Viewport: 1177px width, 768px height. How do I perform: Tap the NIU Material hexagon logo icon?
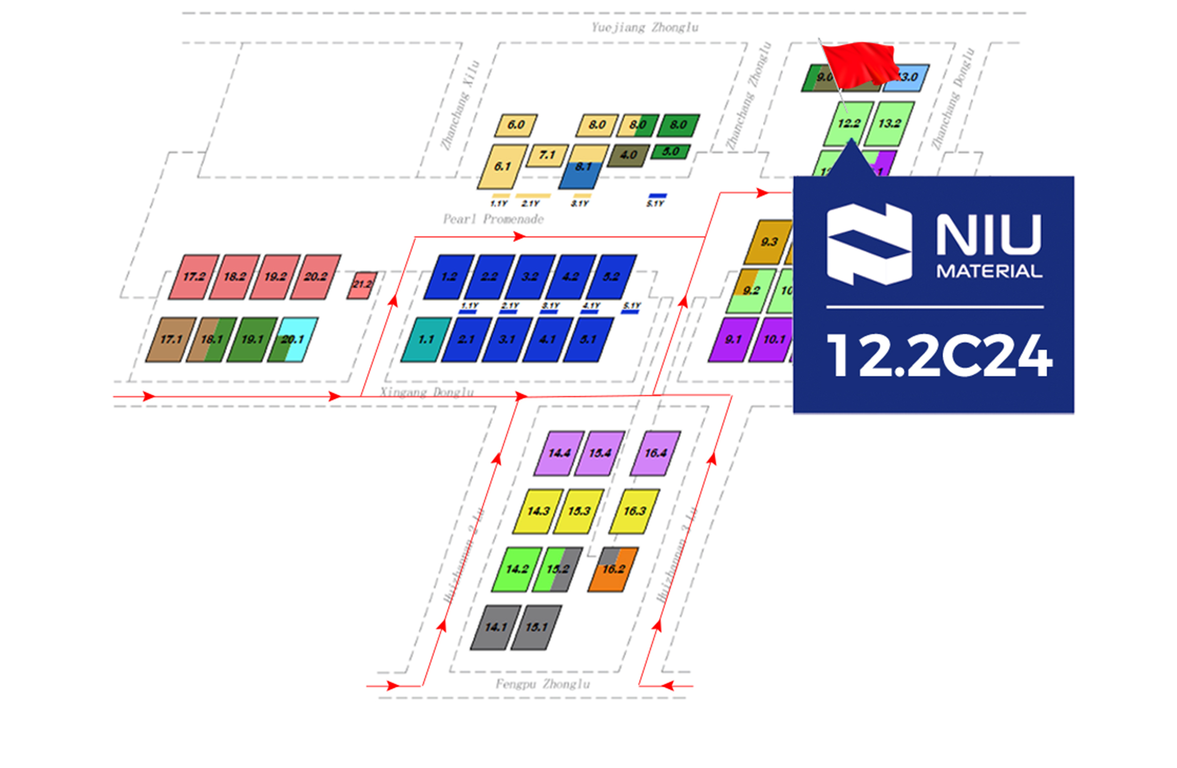tap(869, 244)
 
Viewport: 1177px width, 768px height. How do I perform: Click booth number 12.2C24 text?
tap(939, 355)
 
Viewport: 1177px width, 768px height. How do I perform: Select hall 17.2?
tap(193, 277)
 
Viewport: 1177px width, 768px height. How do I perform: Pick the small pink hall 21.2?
tap(362, 285)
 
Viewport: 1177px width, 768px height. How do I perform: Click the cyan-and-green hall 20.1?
tap(293, 339)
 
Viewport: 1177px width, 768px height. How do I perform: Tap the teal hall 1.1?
tap(426, 339)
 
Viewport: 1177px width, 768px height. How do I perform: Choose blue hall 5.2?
tap(611, 277)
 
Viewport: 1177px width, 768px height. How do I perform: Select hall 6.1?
tap(502, 166)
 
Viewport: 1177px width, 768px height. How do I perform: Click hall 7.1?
tap(547, 155)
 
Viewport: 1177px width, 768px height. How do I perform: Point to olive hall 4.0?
tap(628, 155)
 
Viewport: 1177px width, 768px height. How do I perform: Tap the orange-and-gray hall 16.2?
tap(613, 569)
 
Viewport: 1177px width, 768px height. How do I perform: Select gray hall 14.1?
tap(495, 627)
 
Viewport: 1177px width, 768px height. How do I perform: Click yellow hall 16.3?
tap(634, 511)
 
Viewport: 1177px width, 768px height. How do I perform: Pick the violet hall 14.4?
tap(559, 453)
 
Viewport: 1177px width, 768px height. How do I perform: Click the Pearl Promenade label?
tap(493, 219)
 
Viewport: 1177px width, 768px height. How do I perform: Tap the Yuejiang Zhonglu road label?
tap(644, 27)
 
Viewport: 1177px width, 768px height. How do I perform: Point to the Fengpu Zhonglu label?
tap(542, 684)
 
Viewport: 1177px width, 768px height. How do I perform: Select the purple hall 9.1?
tap(733, 339)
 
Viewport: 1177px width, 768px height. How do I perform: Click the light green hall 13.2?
tap(889, 123)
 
